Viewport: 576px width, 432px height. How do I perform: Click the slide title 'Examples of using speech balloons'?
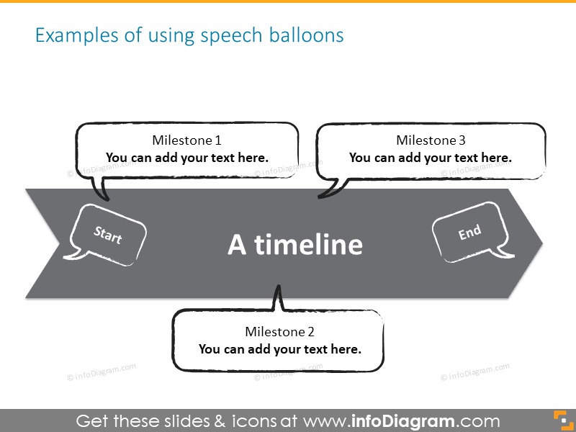coord(189,35)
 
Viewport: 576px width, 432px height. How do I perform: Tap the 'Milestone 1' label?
coord(187,140)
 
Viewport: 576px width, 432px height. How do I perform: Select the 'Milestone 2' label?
coord(280,332)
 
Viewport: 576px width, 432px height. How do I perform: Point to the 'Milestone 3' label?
coord(431,140)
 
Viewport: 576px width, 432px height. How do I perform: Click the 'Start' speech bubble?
coord(109,235)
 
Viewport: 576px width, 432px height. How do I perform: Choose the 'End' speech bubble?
coord(469,233)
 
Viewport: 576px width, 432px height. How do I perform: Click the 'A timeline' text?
coord(295,245)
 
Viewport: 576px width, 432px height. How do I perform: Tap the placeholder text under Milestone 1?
coord(187,157)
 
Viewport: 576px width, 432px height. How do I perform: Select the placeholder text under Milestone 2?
coord(280,349)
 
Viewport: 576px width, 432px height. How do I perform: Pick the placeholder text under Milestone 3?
coord(431,157)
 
